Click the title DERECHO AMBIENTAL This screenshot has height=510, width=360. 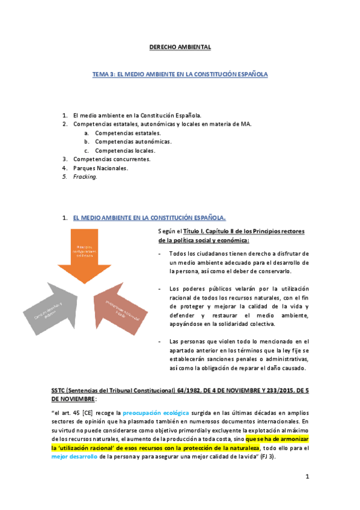point(180,47)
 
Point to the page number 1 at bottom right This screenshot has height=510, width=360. point(307,477)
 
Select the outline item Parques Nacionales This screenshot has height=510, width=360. point(100,168)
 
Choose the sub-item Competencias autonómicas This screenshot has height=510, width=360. point(124,141)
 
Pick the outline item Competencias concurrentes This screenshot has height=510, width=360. point(111,159)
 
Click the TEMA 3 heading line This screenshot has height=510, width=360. point(180,75)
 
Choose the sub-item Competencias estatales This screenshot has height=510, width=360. point(119,133)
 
